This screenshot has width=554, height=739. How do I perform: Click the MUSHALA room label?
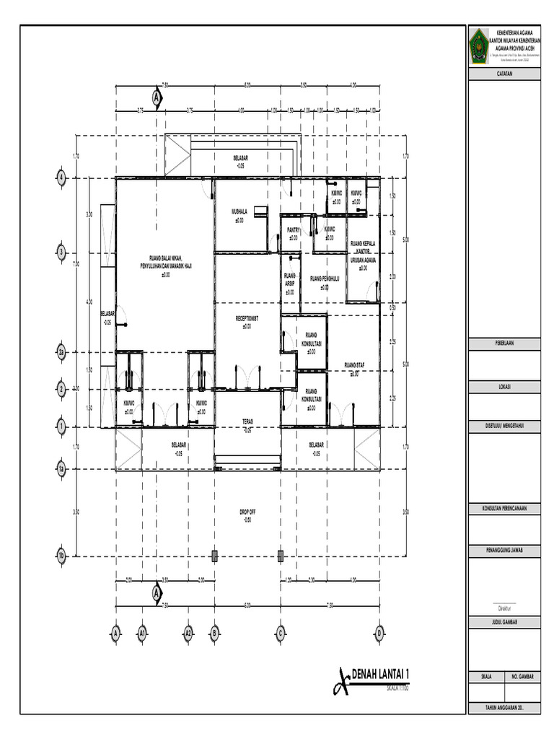pyautogui.click(x=239, y=211)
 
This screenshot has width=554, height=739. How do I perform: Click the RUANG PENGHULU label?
pyautogui.click(x=325, y=279)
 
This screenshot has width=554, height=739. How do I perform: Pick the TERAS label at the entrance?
pyautogui.click(x=247, y=421)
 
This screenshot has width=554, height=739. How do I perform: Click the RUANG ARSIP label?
pyautogui.click(x=290, y=279)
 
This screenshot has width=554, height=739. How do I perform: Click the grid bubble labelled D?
pyautogui.click(x=378, y=633)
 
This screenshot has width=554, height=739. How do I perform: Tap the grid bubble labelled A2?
pyautogui.click(x=188, y=633)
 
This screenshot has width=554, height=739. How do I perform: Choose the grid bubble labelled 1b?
pyautogui.click(x=62, y=556)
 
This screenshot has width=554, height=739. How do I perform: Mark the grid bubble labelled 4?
pyautogui.click(x=62, y=178)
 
